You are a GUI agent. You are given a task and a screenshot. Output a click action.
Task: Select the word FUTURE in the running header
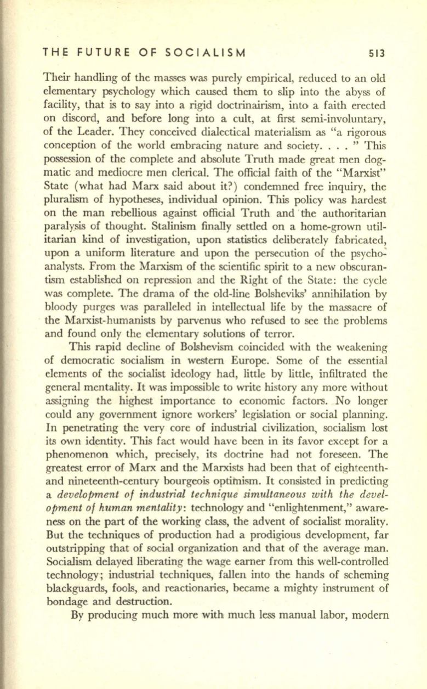click(x=101, y=53)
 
